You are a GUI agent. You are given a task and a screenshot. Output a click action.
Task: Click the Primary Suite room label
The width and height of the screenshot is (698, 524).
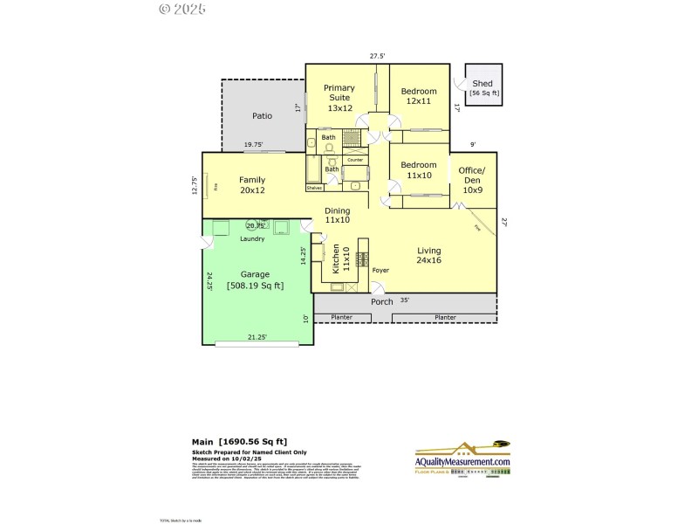coord(339,98)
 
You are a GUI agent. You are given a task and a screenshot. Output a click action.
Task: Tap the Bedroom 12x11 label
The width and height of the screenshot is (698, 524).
coord(418,96)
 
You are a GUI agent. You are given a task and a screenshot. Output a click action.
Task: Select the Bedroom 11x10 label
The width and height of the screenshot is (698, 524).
coord(418,170)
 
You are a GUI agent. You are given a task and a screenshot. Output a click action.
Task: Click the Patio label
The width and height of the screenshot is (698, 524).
coord(262,115)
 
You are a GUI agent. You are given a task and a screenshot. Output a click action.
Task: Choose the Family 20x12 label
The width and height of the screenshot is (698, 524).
coord(252,185)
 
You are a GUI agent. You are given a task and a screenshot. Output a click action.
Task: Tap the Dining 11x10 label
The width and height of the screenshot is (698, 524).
coord(338,216)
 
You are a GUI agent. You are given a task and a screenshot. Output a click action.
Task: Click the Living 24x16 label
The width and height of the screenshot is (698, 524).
coord(429,255)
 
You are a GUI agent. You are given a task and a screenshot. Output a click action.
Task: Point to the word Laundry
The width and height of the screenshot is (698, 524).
coord(228,238)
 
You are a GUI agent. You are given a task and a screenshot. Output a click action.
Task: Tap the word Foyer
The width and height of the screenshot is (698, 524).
coord(380,271)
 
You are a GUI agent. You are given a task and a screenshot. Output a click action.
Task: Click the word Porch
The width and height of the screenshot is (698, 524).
coord(381,302)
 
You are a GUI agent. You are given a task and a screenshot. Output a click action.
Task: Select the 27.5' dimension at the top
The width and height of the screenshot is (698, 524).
coord(377,56)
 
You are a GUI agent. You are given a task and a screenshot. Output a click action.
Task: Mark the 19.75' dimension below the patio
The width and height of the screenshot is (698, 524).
coord(253,145)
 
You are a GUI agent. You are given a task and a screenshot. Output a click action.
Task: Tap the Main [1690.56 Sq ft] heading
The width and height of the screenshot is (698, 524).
coord(239,442)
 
